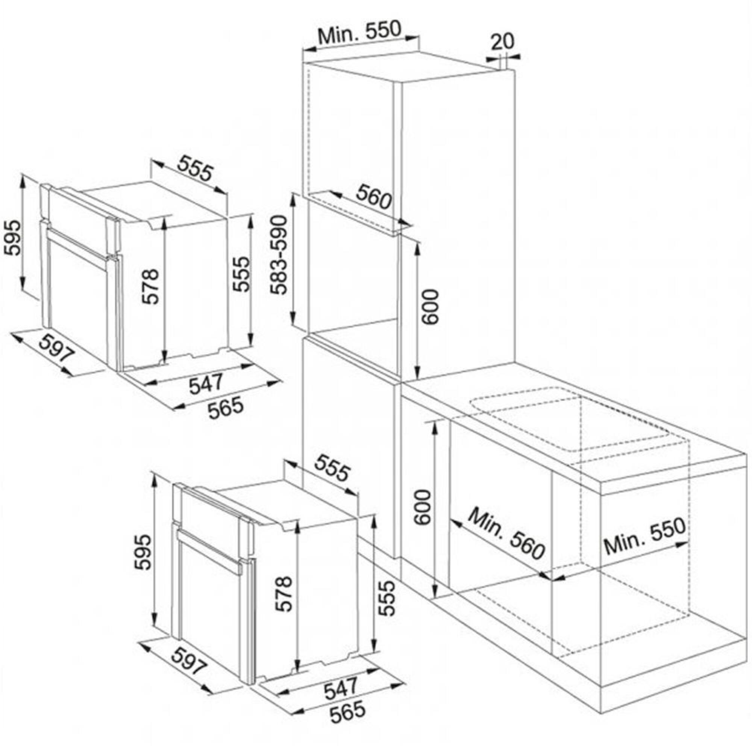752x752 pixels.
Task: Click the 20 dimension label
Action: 502,41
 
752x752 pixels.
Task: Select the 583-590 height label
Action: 279,255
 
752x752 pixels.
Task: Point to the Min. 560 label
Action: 506,534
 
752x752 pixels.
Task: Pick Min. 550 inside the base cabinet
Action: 644,535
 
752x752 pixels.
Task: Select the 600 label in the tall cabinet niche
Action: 431,306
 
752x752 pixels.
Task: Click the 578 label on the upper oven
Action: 150,286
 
